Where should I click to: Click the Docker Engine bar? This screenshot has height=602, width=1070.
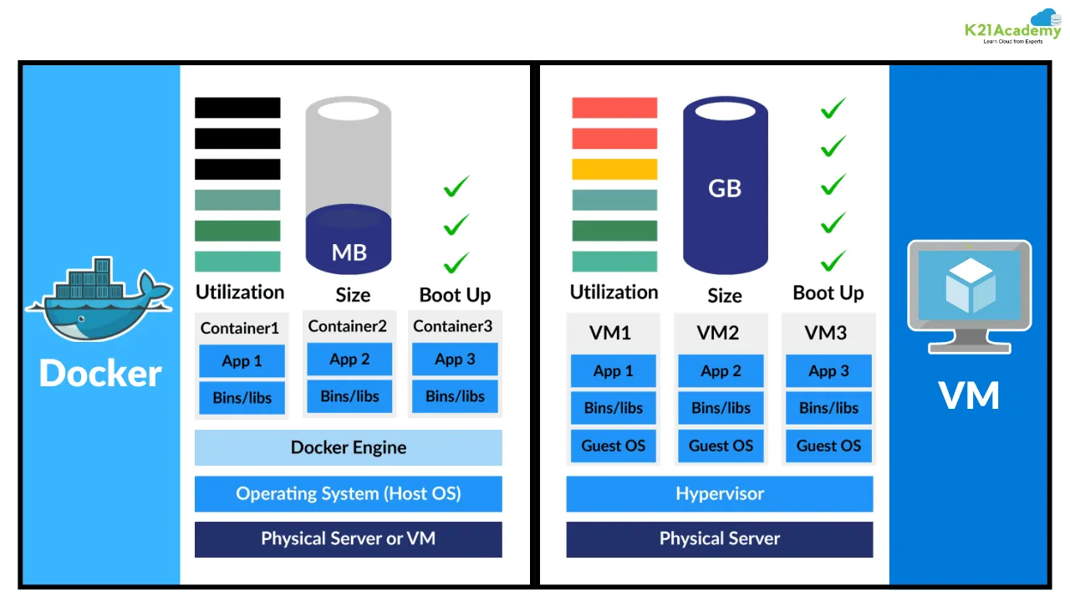[x=348, y=447]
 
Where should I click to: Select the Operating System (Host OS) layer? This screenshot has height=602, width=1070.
[x=348, y=493]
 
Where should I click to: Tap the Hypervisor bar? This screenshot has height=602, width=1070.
[x=719, y=493]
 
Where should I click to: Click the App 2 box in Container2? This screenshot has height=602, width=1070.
[x=349, y=359]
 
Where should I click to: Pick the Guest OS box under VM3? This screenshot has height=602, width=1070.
[x=828, y=446]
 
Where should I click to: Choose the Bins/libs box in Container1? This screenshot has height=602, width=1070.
[x=242, y=397]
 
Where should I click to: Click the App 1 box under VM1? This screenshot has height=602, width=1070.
[x=613, y=371]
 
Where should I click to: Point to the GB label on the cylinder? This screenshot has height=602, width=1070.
[x=725, y=188]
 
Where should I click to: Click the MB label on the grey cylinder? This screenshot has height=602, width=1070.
[x=349, y=252]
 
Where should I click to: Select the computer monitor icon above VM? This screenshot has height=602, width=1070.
[x=970, y=294]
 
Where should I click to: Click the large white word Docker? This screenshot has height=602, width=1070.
[x=100, y=373]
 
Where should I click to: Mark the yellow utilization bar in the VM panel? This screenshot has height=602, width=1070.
[x=614, y=169]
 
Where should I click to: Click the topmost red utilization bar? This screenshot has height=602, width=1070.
[x=614, y=107]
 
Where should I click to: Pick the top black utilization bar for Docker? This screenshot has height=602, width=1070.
[x=237, y=107]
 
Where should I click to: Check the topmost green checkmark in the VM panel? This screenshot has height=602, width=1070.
[x=833, y=108]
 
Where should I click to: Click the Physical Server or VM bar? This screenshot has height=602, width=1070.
[x=348, y=538]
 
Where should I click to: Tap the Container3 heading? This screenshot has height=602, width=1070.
[x=453, y=325]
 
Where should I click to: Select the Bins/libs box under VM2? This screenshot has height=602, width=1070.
[x=721, y=408]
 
